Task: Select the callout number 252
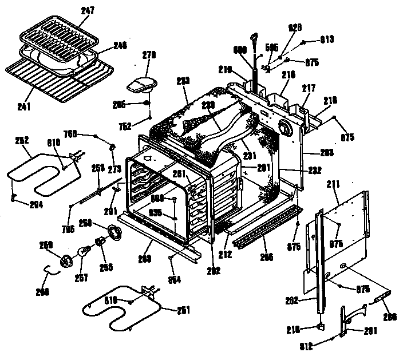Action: pyautogui.click(x=23, y=139)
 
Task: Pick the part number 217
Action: pyautogui.click(x=309, y=88)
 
